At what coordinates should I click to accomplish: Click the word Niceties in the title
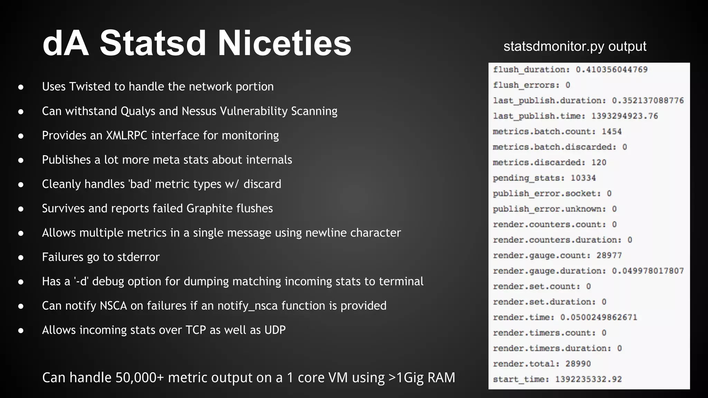284,43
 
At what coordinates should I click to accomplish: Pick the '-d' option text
82,281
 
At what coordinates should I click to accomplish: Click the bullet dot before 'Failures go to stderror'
21,257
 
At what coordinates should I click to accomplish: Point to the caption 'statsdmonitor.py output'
575,46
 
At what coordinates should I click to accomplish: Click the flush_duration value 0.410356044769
612,69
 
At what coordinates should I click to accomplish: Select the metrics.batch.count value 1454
612,132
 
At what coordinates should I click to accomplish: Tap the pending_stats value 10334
583,178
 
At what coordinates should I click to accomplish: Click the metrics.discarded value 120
599,162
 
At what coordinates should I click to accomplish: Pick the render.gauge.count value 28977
609,255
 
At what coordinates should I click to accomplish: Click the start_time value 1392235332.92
588,379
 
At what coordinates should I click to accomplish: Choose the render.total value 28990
578,364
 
